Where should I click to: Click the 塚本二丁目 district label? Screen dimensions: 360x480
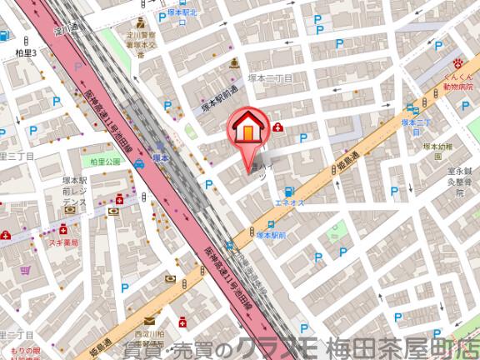coord(270,77)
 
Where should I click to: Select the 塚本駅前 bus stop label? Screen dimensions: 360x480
coord(270,235)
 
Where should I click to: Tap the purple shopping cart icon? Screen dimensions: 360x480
coord(26,270)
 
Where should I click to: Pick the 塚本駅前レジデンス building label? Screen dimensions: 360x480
coord(74,193)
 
